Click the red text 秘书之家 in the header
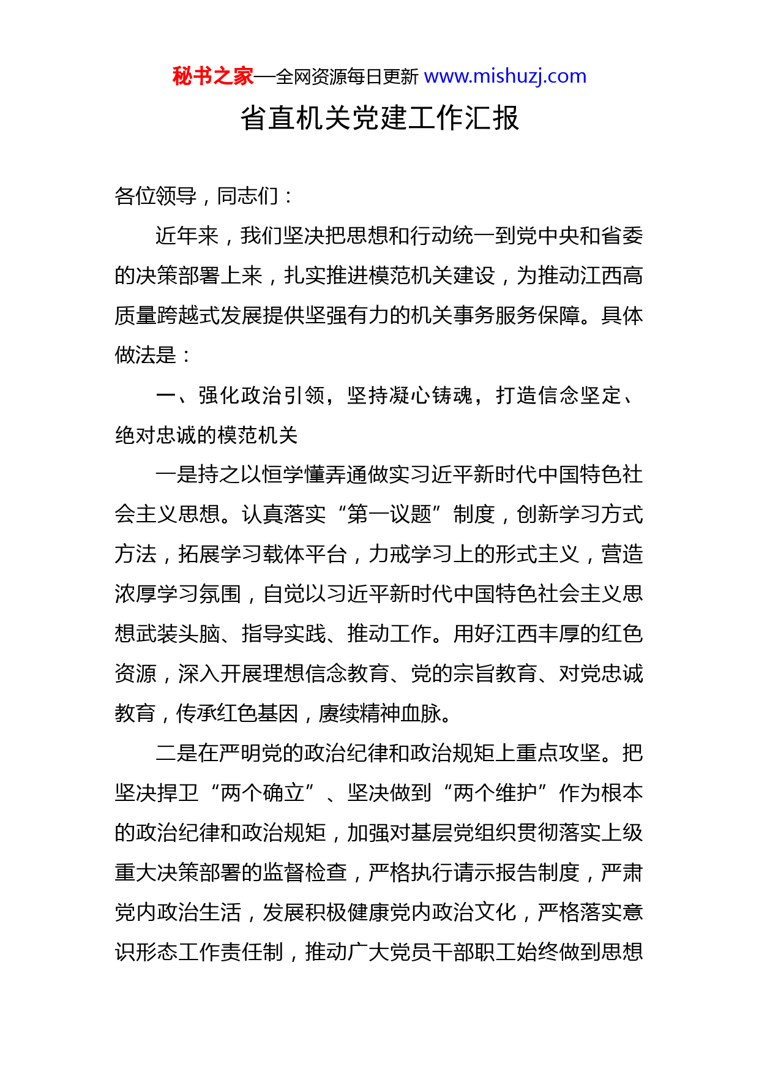coord(212,77)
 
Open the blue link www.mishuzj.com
coord(505,77)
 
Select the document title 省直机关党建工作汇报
coord(379,118)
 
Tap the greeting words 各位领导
coord(155,196)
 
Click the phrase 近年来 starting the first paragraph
coord(187,236)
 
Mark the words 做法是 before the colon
coord(146,355)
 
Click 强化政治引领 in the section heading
coord(261,396)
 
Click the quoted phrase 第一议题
coord(389,514)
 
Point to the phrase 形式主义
coord(537,554)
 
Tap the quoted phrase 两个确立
coord(262,793)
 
